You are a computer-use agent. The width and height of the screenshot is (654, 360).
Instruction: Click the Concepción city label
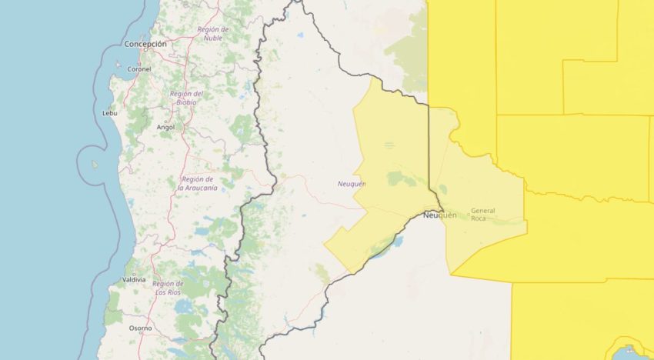[145, 45]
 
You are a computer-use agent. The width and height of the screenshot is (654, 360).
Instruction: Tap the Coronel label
[139, 68]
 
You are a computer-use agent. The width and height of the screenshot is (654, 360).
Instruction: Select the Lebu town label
[110, 113]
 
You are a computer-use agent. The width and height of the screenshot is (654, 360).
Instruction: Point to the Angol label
[165, 127]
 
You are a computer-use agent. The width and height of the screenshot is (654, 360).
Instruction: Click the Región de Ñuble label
[212, 33]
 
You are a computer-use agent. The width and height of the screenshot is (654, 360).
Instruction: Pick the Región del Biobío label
[187, 98]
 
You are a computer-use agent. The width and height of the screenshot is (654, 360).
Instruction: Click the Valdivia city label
[135, 280]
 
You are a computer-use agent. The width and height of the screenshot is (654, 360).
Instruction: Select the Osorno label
[140, 328]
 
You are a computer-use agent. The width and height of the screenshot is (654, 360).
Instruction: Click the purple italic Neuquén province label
[352, 184]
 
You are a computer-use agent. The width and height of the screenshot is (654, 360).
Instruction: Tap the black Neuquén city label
[439, 215]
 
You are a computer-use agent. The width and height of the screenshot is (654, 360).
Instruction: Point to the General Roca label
[483, 214]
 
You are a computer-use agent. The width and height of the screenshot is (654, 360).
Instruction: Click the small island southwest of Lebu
[95, 164]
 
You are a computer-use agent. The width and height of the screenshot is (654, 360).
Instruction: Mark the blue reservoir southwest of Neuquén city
[397, 242]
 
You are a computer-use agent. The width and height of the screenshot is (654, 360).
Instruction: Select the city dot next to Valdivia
[135, 273]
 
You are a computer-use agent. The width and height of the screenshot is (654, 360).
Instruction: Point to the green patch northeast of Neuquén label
[397, 178]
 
